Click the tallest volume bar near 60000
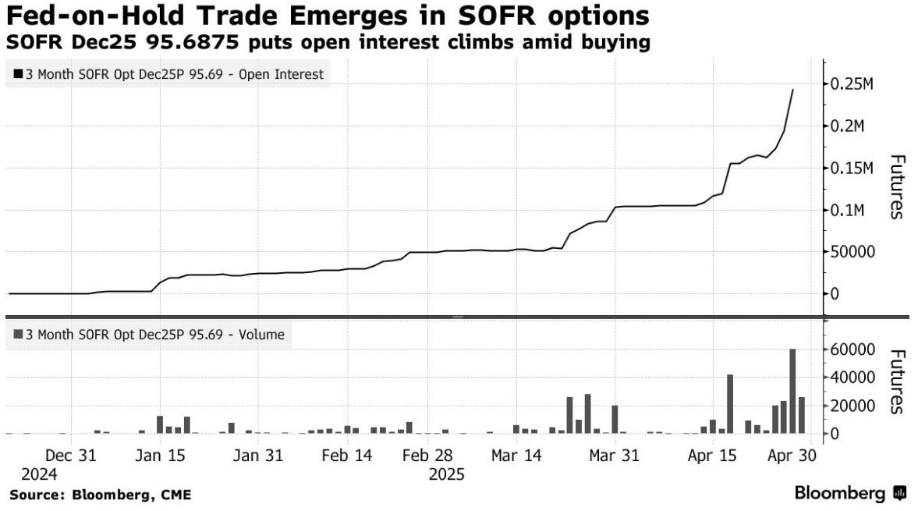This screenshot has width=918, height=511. point(792,391)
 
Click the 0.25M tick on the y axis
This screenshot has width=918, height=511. point(859,83)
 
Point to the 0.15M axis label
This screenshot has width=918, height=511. point(859,168)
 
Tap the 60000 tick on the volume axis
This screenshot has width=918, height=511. point(859,349)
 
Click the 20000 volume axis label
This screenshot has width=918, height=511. point(859,405)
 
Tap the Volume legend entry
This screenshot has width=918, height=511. point(149,335)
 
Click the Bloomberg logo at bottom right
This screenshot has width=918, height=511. point(850,493)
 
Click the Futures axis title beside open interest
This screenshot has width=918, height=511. point(897,187)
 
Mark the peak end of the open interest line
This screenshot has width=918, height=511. point(792,90)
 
